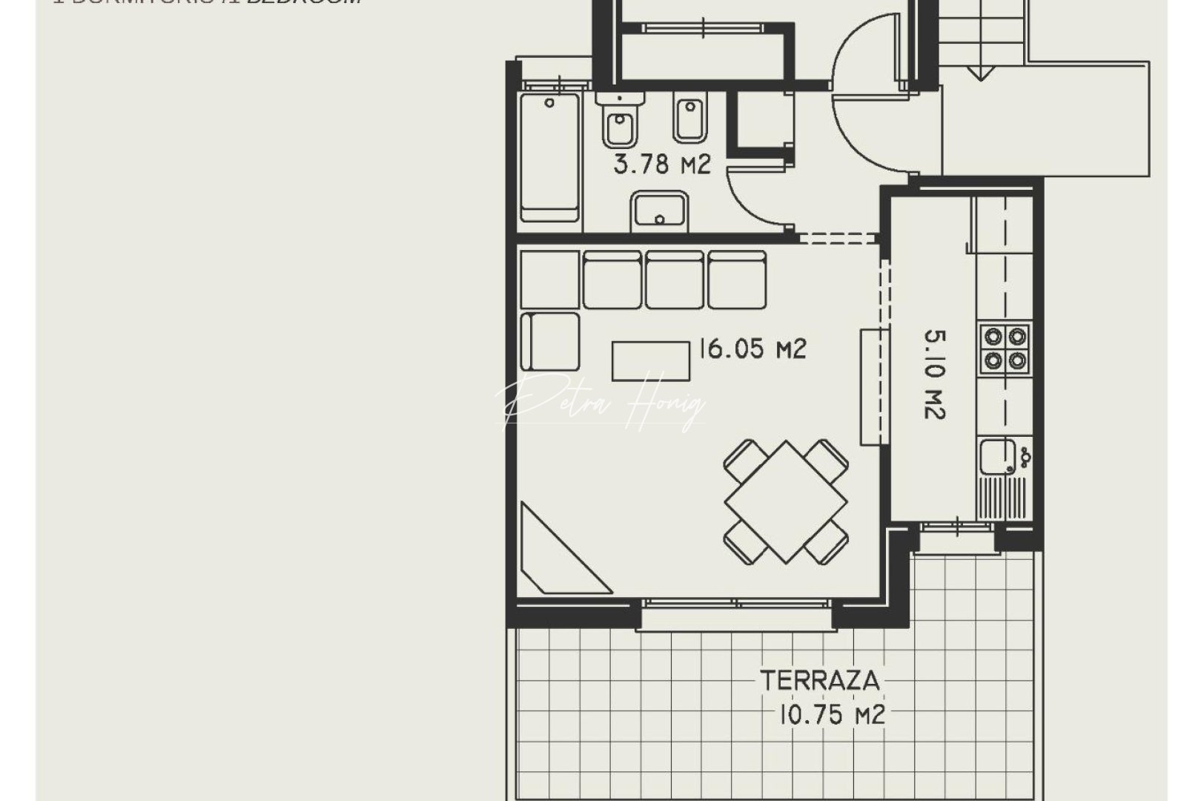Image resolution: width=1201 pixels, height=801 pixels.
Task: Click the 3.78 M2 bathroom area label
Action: pos(662,164)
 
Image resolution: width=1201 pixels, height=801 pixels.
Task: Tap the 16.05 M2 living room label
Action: pos(752,349)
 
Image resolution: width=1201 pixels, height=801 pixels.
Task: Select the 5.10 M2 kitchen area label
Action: pos(934,375)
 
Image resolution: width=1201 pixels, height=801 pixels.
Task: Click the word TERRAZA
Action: pos(819,680)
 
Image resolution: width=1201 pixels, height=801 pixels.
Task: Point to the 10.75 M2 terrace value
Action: pos(831,715)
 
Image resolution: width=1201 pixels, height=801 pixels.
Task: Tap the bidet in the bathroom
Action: pos(689,119)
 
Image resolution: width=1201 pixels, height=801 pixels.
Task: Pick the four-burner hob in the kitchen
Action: pos(1005,348)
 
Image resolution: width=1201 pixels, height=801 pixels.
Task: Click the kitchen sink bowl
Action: pos(997,456)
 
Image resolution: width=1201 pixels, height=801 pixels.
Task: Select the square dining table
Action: pos(786,501)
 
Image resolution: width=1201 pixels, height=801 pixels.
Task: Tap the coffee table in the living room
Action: pos(651,360)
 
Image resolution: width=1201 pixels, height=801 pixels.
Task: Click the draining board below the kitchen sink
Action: pos(1002,498)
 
